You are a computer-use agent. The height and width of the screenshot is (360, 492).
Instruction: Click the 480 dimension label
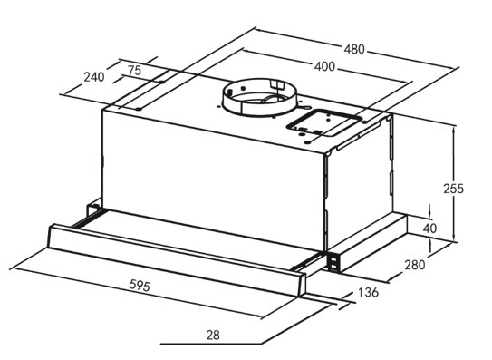click(354, 49)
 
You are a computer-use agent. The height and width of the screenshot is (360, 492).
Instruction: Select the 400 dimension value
click(324, 66)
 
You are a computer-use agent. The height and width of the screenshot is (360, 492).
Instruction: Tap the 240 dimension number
click(94, 77)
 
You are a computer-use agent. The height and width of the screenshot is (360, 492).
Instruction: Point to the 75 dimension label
click(135, 71)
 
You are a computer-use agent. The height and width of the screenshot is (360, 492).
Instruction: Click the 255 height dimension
click(453, 189)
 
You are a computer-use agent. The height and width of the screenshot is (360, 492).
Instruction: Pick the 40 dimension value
click(429, 229)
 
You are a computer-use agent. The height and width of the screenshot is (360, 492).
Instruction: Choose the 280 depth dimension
click(414, 265)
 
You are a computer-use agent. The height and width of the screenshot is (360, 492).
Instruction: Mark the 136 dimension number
click(368, 293)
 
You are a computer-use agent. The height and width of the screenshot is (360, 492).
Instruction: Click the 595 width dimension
click(140, 286)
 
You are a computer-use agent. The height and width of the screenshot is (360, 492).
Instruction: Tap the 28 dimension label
click(213, 336)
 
